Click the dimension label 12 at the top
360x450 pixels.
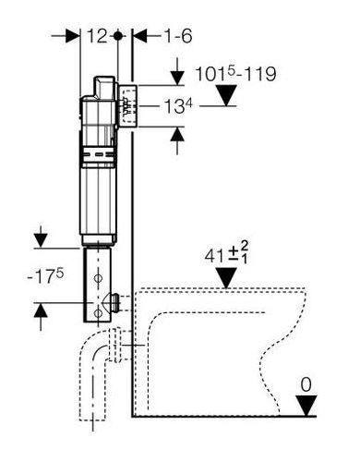[x=97, y=36]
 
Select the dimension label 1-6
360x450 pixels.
[x=177, y=36]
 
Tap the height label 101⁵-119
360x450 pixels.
[x=235, y=74]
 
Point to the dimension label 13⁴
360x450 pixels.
[x=178, y=106]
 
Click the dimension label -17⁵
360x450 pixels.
[x=45, y=275]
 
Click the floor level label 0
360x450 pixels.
[x=306, y=384]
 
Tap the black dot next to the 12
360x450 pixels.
[x=117, y=36]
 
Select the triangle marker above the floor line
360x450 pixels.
[x=306, y=406]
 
